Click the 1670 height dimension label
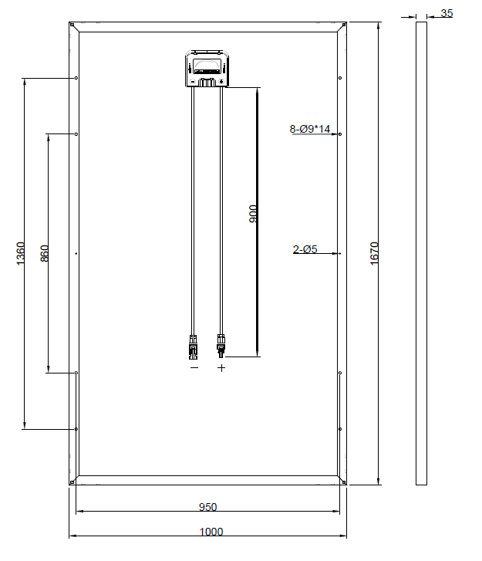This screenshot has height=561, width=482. click(x=374, y=253)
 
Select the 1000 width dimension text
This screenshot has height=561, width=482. click(x=211, y=532)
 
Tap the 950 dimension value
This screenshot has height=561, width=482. click(x=207, y=507)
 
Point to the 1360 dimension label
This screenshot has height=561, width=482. click(x=21, y=253)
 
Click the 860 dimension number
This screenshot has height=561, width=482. click(x=45, y=253)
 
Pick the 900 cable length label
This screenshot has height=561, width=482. click(x=253, y=214)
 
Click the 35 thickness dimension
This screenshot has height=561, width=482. click(x=447, y=13)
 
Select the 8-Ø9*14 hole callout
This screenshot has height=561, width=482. click(x=310, y=129)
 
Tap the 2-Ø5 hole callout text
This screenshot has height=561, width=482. click(x=305, y=249)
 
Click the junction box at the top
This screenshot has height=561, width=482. click(x=207, y=69)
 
